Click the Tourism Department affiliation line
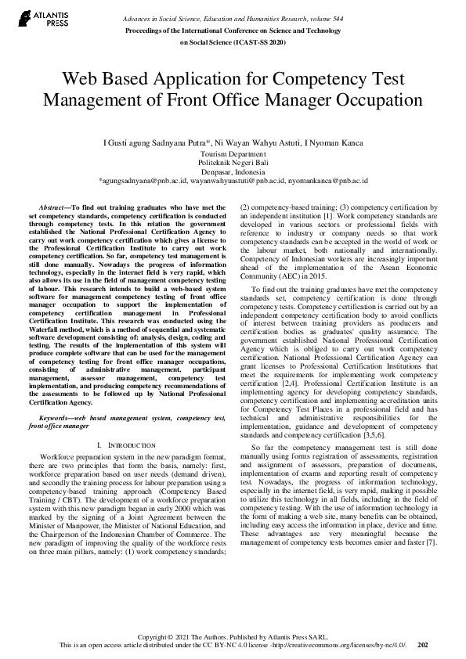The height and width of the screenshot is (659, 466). pos(233,155)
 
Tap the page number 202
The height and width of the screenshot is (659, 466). pos(423,645)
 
